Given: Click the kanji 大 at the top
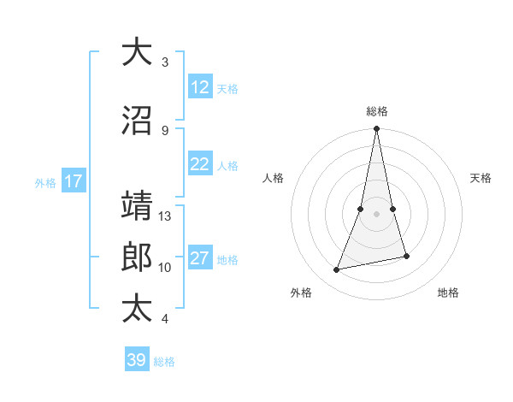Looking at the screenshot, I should tap(137, 52).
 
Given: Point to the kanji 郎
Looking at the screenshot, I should tap(137, 257).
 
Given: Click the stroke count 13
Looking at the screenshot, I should tap(165, 216).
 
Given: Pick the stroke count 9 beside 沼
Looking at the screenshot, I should tap(165, 130).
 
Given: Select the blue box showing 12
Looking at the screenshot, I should tap(200, 87).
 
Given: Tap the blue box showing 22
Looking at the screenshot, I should tap(200, 165).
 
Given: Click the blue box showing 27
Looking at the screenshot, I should tap(200, 259).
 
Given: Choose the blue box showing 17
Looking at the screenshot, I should tap(73, 181).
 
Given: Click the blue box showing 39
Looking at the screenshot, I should tap(136, 360).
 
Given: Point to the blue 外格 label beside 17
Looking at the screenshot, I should tap(45, 182).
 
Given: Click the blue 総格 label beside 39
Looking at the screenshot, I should tap(164, 362).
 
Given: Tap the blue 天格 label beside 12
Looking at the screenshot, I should tap(227, 88).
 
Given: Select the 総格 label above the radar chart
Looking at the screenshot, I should tap(377, 111).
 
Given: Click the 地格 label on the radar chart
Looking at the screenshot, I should tap(448, 293).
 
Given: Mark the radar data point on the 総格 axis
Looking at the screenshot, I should tap(377, 129).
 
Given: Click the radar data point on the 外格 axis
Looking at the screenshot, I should tap(337, 270).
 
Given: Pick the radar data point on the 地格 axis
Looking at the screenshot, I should tap(406, 256).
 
